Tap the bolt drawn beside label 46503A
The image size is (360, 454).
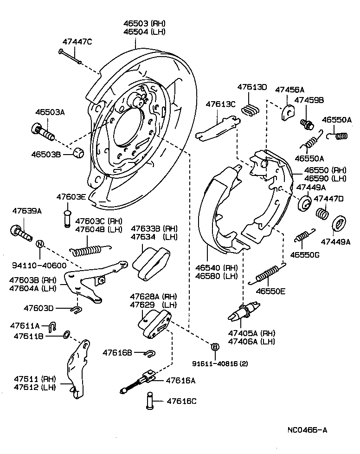pyautogui.click(x=43, y=131)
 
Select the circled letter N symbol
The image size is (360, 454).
pyautogui.click(x=40, y=244)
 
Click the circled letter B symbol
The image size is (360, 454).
pyautogui.click(x=215, y=347)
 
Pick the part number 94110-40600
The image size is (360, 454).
pyautogui.click(x=40, y=266)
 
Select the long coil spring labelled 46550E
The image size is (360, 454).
pyautogui.click(x=268, y=275)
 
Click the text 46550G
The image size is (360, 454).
pyautogui.click(x=305, y=254)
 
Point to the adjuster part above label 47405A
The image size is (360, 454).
pyautogui.click(x=244, y=311)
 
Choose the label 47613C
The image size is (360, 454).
pyautogui.click(x=221, y=104)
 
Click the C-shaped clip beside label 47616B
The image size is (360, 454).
pyautogui.click(x=150, y=353)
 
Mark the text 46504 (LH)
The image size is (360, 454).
pyautogui.click(x=144, y=32)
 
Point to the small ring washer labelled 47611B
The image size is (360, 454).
pyautogui.click(x=66, y=334)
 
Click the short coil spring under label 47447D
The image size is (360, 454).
pyautogui.click(x=322, y=214)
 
